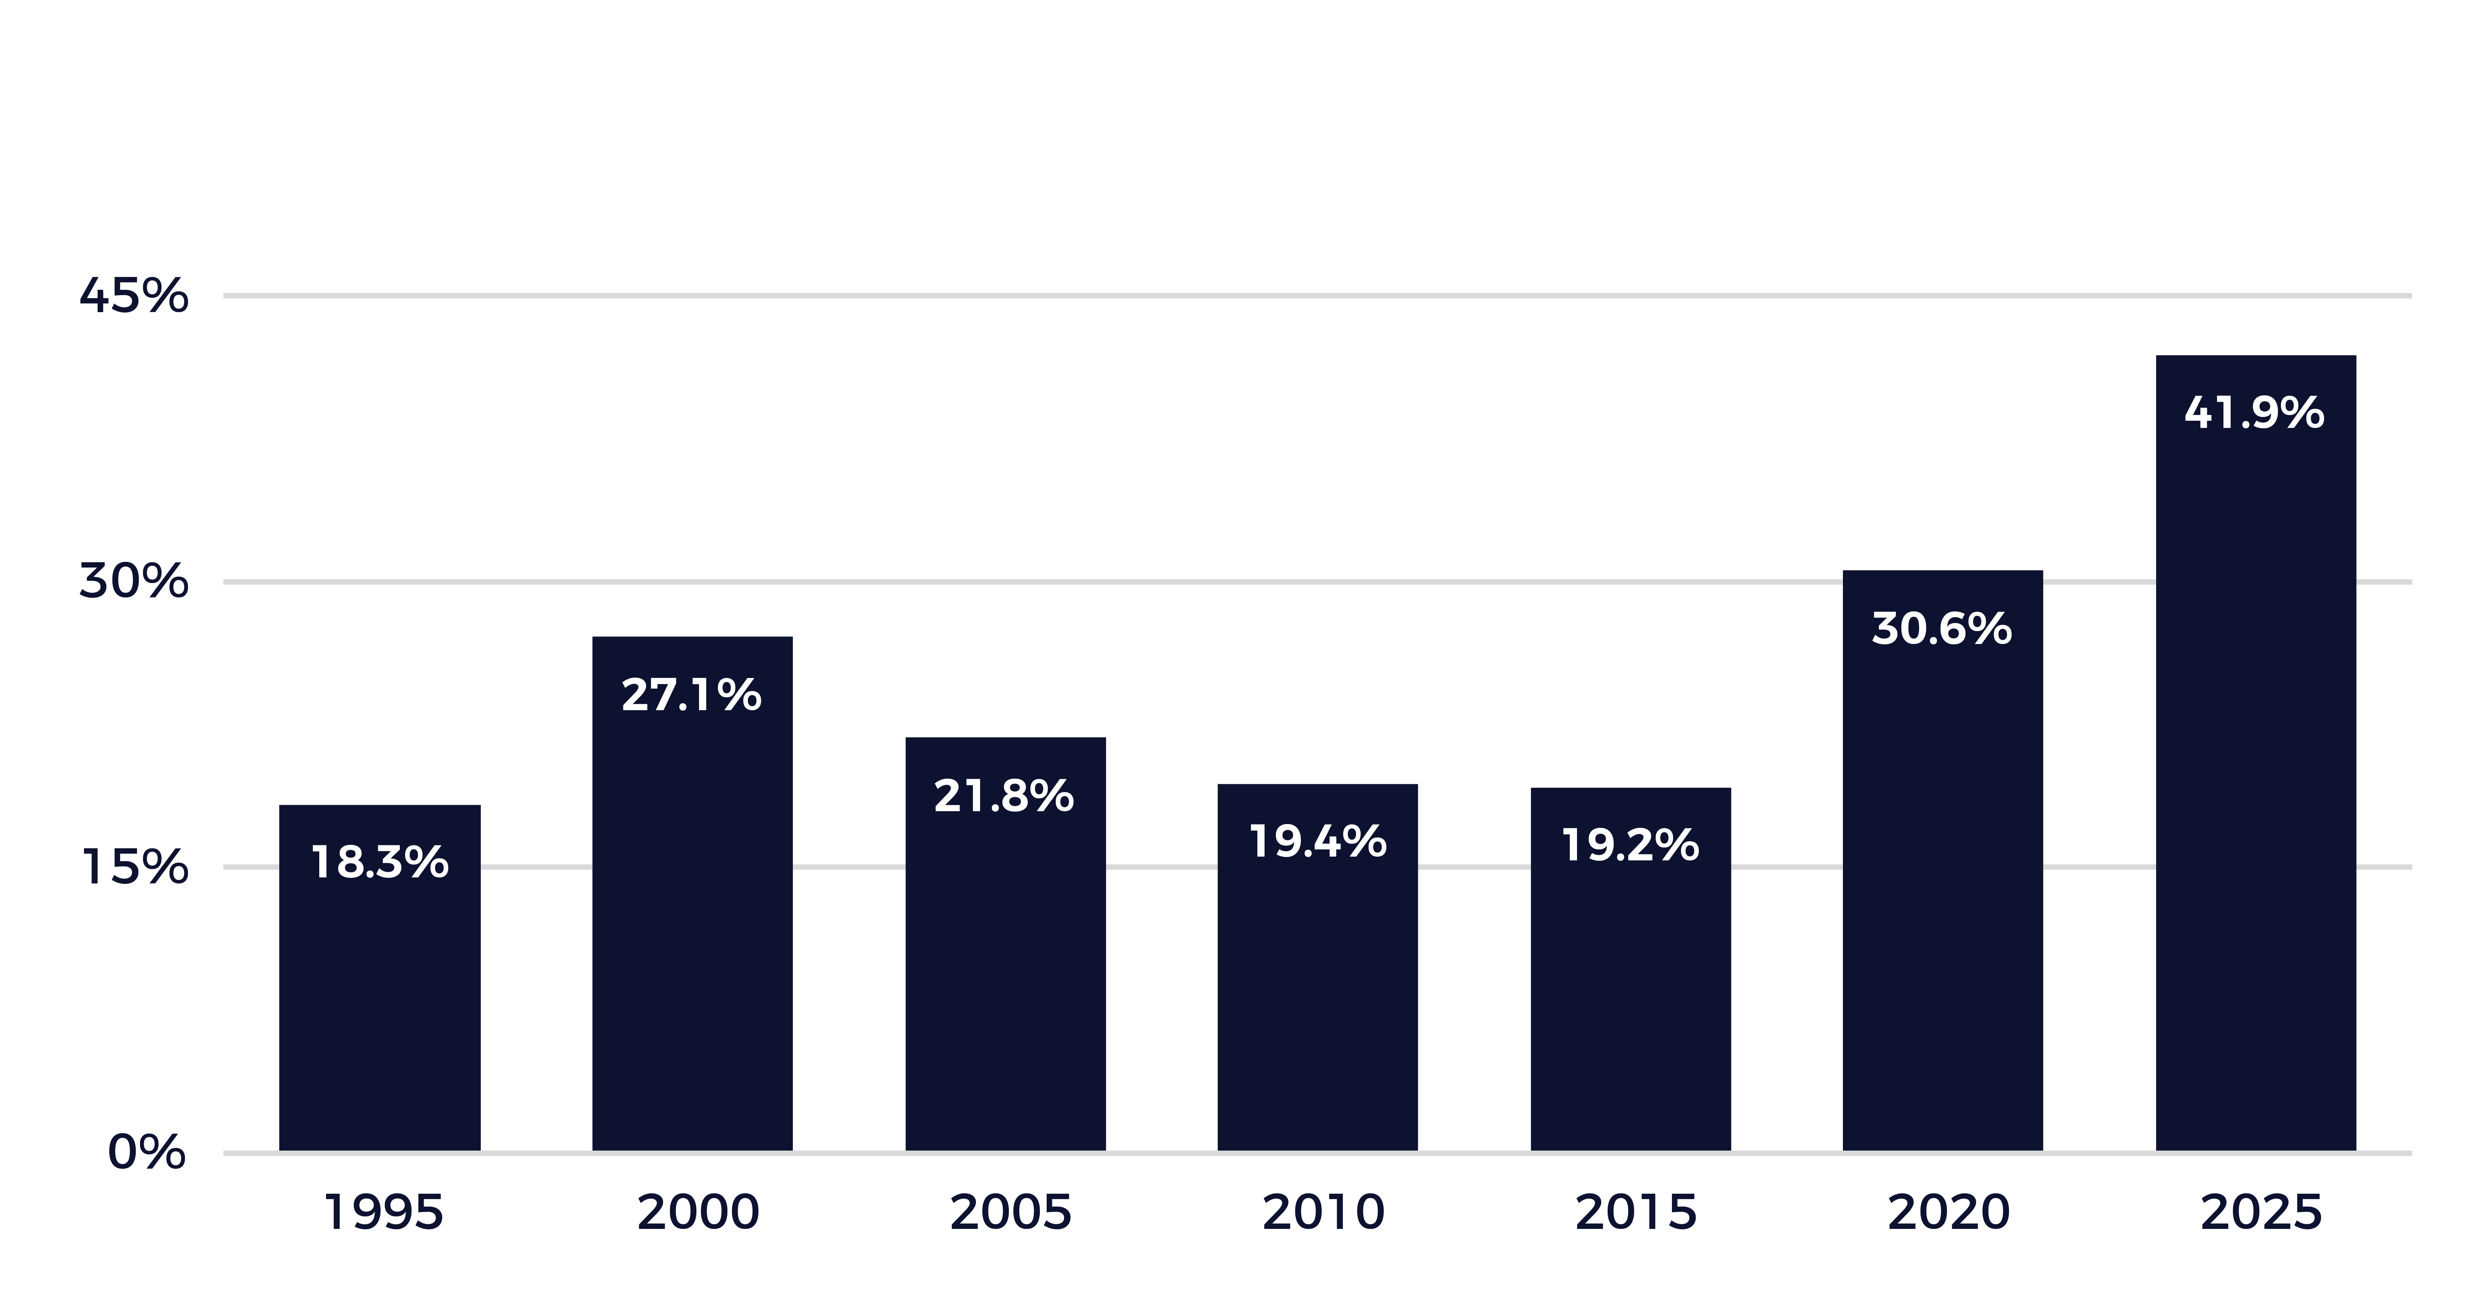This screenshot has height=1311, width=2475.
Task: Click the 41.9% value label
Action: [x=2254, y=413]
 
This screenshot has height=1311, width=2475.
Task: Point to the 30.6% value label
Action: [x=1942, y=630]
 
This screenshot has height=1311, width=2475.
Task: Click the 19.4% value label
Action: [x=1317, y=842]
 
